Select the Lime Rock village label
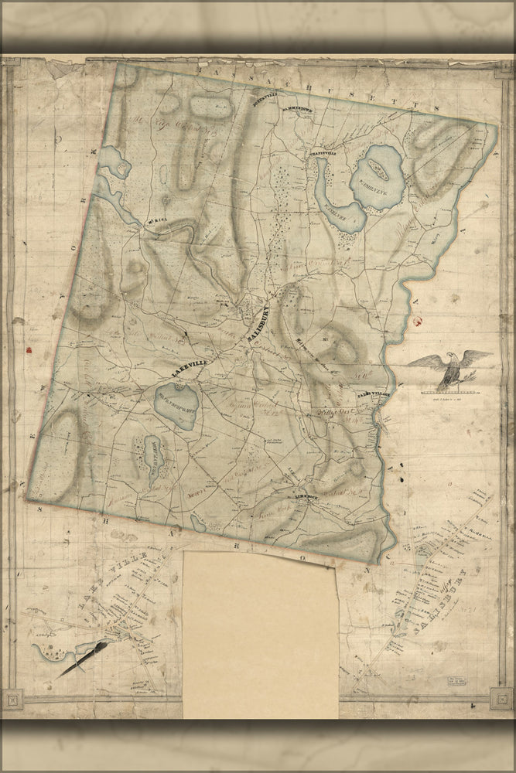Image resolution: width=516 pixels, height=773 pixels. coord(307,497)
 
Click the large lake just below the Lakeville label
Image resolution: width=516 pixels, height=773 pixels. coord(178,404)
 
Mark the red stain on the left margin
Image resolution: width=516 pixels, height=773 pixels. coord(30,349)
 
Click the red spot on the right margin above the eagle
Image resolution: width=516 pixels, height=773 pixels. coord(420,319)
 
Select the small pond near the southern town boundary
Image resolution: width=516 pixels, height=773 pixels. coord(199,524)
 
